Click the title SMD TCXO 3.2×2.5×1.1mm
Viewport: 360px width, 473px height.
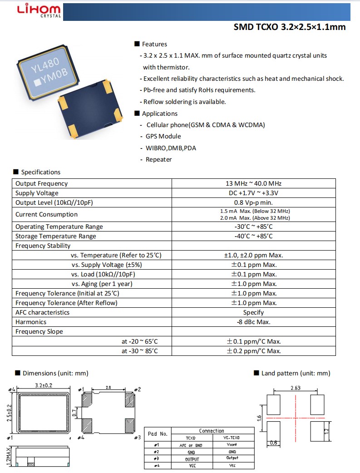coord(289,27)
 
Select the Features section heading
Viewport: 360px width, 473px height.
coord(154,44)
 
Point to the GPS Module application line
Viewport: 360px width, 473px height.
coord(163,136)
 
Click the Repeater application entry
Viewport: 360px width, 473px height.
coord(158,159)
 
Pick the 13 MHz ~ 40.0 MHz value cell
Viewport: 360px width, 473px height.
coord(253,183)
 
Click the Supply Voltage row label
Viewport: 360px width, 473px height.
coord(37,193)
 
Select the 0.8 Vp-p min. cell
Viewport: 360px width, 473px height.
coord(253,202)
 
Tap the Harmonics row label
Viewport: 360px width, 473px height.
coord(31,322)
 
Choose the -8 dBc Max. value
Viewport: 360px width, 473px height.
coord(253,322)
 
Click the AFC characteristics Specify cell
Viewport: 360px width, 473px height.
coord(253,312)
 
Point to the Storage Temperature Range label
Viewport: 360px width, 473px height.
coord(56,236)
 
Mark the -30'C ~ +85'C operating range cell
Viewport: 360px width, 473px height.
coord(253,227)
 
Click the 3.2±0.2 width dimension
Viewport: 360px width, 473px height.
coord(44,385)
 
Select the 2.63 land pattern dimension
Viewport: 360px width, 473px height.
coord(296,388)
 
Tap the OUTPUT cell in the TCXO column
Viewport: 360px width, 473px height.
coord(191,459)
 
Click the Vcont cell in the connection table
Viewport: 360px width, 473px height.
coord(232,445)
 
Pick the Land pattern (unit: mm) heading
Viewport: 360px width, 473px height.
coord(296,373)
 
